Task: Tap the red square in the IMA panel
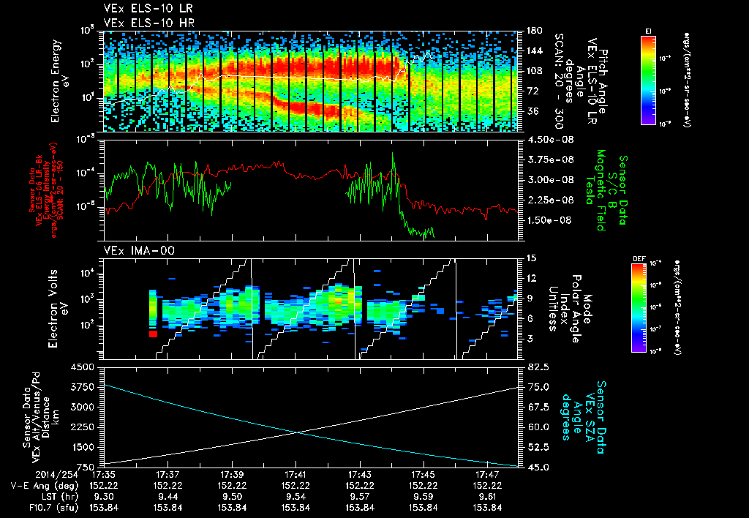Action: [x=153, y=334]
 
